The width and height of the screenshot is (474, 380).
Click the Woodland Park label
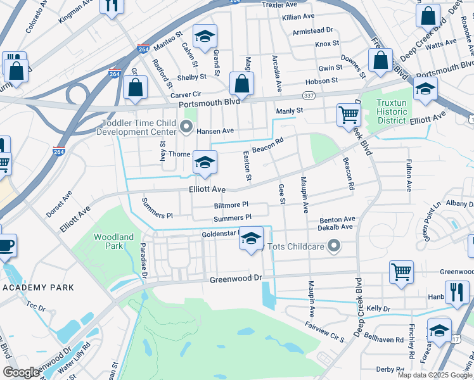pos(113,241)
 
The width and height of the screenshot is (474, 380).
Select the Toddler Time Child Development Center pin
pos(186,127)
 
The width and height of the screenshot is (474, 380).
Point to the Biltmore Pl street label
pos(231,205)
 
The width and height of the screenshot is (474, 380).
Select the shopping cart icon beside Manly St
pos(348,115)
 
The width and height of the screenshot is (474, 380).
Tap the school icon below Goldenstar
pos(251,239)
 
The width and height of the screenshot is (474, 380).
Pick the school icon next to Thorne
pos(205,163)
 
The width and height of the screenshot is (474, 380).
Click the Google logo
pos(21,372)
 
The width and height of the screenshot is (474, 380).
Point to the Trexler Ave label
pos(279,4)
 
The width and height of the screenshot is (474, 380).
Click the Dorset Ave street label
pos(58,203)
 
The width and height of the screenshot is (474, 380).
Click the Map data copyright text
pos(434,375)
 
